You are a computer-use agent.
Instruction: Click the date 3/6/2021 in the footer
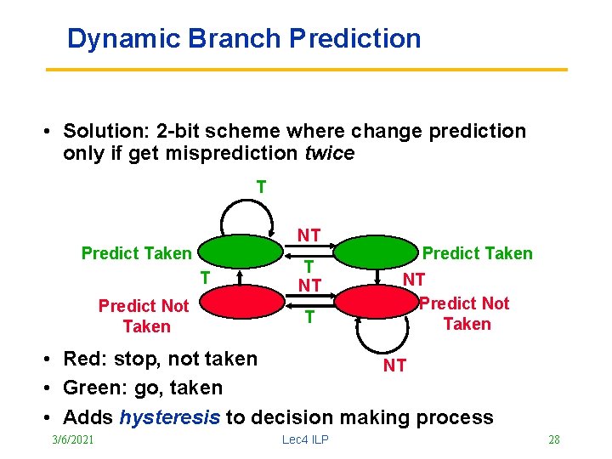point(72,439)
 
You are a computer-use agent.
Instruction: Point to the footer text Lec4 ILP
point(305,439)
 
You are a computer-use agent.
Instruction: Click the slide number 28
point(553,439)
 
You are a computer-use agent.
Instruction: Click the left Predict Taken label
point(136,253)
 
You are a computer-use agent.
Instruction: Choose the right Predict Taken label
point(478,253)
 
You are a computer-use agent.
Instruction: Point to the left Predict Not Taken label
point(144,316)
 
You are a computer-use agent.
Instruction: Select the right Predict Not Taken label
point(466,314)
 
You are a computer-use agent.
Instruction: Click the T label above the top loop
point(261,186)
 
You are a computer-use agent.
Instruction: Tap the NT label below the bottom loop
point(394,365)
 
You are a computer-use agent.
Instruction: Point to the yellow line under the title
point(306,69)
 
